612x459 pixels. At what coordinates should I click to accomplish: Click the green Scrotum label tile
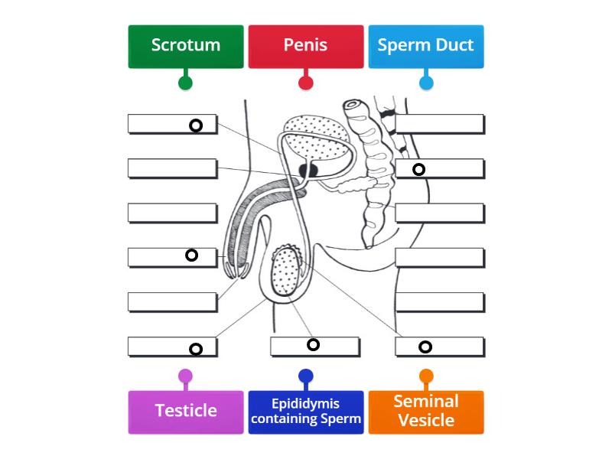pos(186,46)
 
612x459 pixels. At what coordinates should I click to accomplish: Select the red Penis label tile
pos(305,46)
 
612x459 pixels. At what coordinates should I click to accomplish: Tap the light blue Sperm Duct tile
pos(425,46)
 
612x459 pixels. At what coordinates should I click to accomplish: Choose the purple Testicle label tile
pos(186,412)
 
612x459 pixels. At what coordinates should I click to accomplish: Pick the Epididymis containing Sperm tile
pos(305,412)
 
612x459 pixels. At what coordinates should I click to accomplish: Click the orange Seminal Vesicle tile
pos(425,412)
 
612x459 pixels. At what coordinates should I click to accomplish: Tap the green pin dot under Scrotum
pos(185,83)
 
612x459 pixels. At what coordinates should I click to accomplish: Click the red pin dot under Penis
pos(306,83)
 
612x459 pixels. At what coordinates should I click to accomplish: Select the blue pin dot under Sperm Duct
pos(426,83)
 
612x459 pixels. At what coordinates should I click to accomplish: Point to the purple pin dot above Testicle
pos(185,376)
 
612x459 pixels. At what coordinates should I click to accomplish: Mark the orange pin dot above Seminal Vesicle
pos(426,376)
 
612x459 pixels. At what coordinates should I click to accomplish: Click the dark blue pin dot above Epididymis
pos(306,376)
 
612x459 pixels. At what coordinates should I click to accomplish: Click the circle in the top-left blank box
pos(196,125)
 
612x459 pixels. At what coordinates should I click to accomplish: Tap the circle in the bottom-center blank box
pos(313,344)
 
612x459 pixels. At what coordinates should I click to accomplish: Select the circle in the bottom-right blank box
pos(425,347)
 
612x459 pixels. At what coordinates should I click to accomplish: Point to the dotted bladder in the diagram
pos(314,138)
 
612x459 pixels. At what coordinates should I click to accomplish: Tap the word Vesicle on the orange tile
pos(426,421)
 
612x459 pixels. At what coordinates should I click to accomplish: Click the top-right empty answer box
pos(440,124)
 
